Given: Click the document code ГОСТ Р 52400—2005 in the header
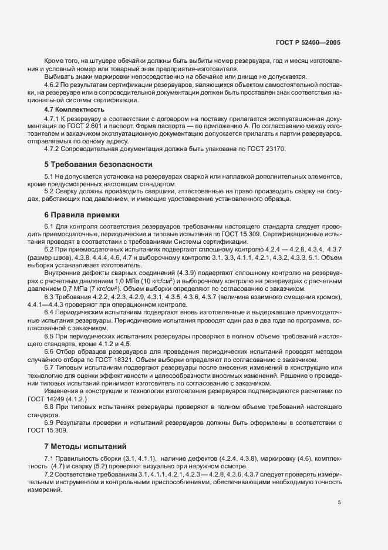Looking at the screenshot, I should coord(308,43).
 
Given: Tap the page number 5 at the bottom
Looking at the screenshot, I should coord(339,502).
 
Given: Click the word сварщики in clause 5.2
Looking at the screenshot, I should coord(133,192).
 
